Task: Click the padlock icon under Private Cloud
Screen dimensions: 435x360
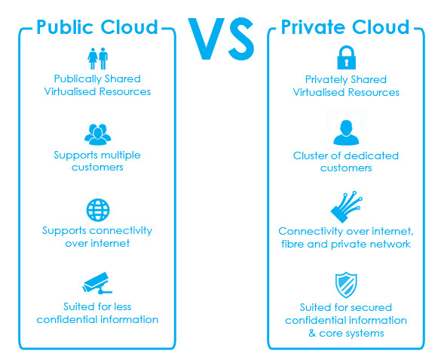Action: pos(346,58)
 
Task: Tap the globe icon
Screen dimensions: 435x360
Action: pos(98,210)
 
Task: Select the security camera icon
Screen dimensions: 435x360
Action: pos(97,283)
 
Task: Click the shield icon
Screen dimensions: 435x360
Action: pos(346,285)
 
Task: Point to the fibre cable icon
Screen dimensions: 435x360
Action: pos(346,207)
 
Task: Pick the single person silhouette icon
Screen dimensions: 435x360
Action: pos(346,133)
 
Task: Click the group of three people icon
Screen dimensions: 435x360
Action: pos(98,134)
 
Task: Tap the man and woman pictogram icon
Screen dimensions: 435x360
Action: pos(98,59)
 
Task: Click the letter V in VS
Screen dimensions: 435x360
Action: pos(207,38)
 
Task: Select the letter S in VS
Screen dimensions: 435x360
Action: pos(240,38)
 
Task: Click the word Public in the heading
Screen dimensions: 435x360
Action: pos(66,27)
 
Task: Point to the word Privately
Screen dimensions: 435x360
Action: pos(325,80)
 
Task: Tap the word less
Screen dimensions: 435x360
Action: pos(123,306)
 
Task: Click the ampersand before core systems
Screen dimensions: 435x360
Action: pos(312,333)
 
